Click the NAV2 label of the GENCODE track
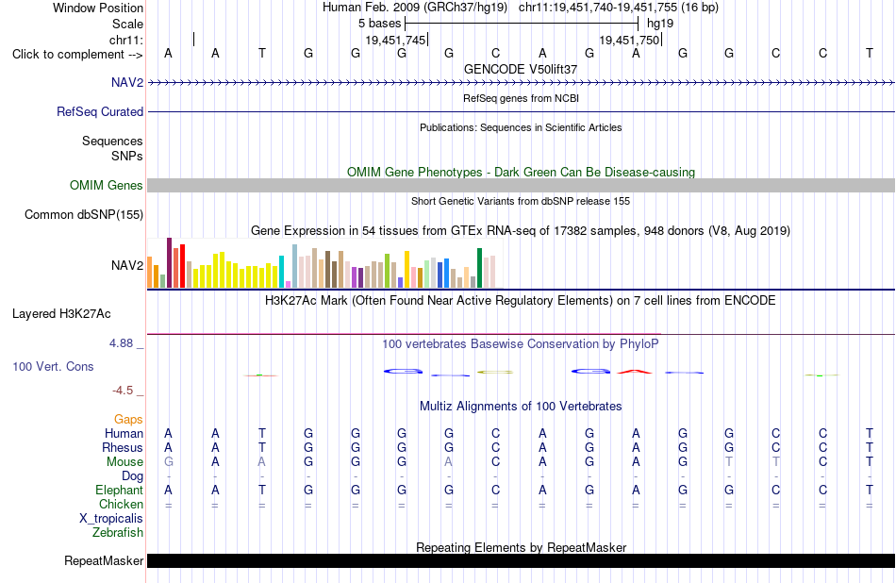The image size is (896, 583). point(127,82)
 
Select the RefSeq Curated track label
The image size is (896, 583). point(99,111)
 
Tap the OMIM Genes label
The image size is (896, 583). point(106,185)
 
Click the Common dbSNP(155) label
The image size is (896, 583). point(83,214)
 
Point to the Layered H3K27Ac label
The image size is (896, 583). point(61,314)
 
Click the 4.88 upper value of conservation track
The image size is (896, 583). point(121,343)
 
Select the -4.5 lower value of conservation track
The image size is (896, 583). point(123,391)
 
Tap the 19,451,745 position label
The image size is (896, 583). point(395,40)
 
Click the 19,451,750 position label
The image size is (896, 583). point(629,40)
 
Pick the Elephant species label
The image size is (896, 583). point(119,490)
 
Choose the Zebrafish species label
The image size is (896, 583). point(118,532)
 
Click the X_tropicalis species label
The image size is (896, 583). point(111,519)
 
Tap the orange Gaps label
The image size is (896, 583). point(128,420)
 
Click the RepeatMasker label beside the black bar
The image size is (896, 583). point(104,560)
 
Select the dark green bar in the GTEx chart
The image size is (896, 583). point(479,268)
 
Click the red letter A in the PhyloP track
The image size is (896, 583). point(635,372)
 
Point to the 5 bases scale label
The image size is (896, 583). point(379,24)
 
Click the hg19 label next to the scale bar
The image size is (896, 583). point(660,24)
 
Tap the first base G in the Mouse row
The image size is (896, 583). point(168,462)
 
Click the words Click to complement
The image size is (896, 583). point(68,55)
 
